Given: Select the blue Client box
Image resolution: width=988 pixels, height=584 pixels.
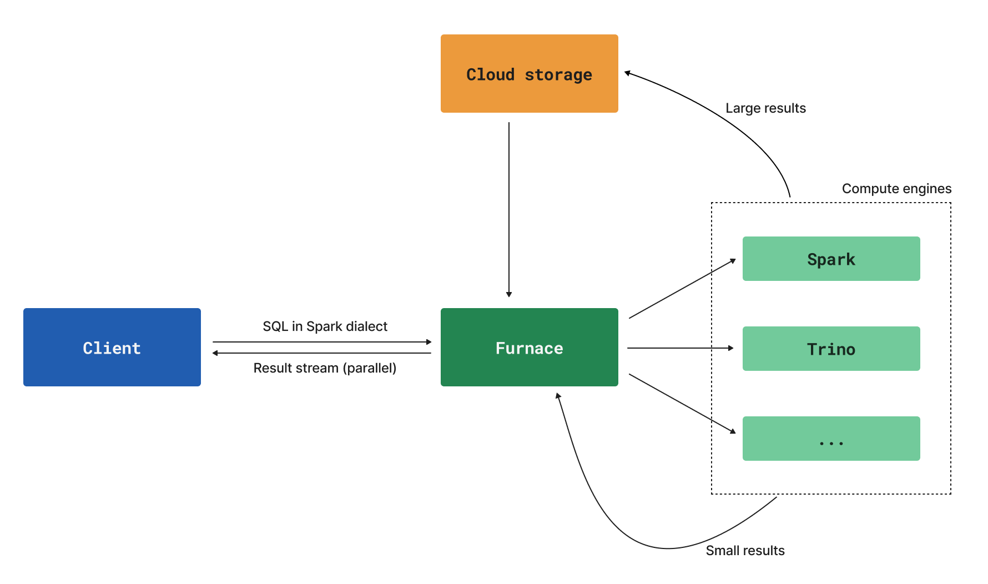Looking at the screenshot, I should tap(112, 348).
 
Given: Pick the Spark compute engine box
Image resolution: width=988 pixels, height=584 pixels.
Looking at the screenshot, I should tap(831, 259).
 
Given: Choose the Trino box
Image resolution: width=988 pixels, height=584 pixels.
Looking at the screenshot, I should tap(831, 349).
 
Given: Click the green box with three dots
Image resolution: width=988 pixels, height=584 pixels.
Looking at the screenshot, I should tap(831, 439).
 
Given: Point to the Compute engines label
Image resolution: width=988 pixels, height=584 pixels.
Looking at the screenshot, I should tap(896, 189).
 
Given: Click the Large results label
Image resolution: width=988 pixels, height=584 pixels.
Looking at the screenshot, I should tap(765, 108).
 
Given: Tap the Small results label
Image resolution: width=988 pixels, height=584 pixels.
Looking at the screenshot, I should tap(745, 551).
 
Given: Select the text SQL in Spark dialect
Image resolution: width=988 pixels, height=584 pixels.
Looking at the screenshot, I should tap(325, 326).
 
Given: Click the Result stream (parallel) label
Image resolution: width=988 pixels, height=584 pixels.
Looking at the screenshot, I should tap(325, 368).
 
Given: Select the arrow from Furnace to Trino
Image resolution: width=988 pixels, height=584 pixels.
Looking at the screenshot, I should tap(680, 348).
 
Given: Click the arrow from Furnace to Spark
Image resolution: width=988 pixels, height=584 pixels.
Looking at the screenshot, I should tap(682, 289).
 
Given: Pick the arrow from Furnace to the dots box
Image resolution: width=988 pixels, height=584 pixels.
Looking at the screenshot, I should tap(682, 403).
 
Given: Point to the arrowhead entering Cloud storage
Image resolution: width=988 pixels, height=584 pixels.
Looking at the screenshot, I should tap(628, 73).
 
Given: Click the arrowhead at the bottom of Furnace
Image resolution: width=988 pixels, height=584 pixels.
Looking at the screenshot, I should tap(558, 396).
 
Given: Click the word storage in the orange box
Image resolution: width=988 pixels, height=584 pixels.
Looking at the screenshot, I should tap(558, 75).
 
